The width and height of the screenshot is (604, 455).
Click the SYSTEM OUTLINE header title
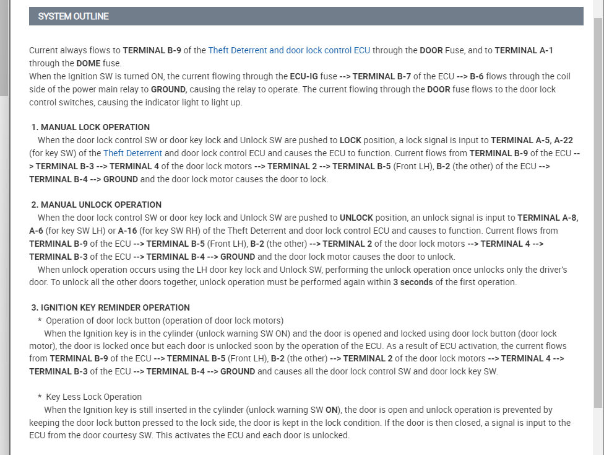pyautogui.click(x=73, y=16)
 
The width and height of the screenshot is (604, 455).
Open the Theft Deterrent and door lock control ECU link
pyautogui.click(x=289, y=50)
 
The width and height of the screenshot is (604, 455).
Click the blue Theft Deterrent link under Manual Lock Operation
pyautogui.click(x=132, y=153)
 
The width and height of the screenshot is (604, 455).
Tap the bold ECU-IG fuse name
pyautogui.click(x=304, y=76)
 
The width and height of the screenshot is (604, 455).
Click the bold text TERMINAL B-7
pyautogui.click(x=382, y=76)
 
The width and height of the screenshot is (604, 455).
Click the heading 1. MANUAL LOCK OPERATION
pyautogui.click(x=90, y=127)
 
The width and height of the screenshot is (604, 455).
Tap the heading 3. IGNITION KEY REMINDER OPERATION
pyautogui.click(x=110, y=307)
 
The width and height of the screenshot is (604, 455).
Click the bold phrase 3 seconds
pyautogui.click(x=413, y=282)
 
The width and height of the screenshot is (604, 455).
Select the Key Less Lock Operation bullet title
pyautogui.click(x=93, y=397)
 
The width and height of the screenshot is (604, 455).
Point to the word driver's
pyautogui.click(x=552, y=269)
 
